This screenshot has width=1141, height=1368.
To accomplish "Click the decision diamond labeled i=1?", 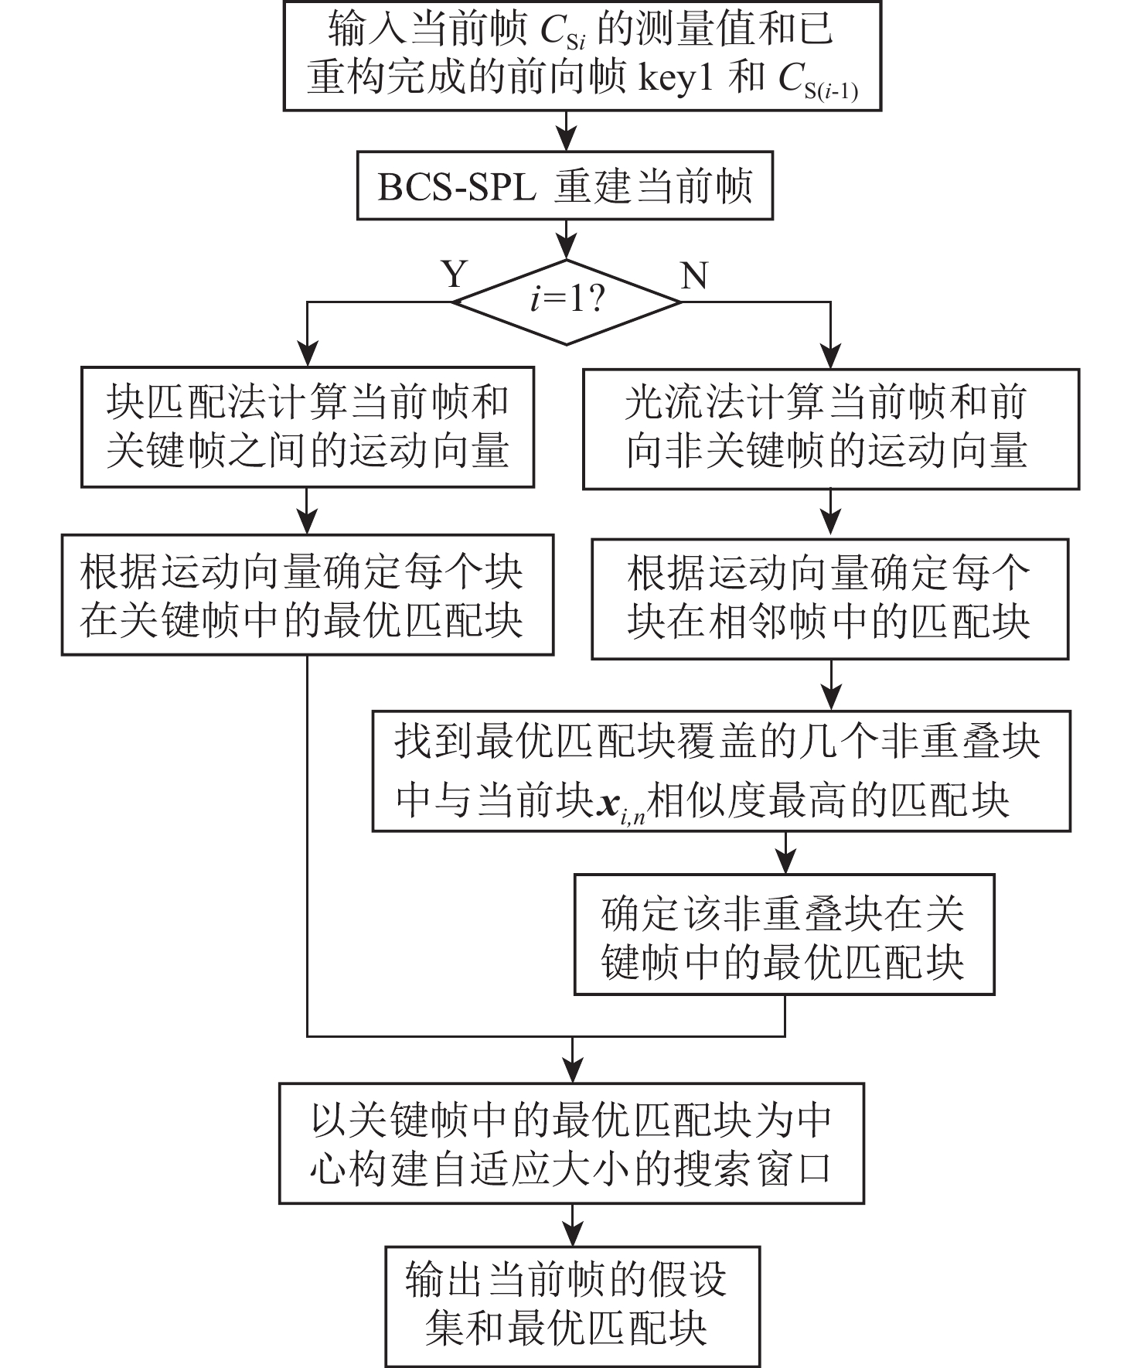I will (x=567, y=302).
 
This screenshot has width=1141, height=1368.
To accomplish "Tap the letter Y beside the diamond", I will (x=455, y=275).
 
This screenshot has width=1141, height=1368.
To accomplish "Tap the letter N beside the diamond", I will (x=693, y=275).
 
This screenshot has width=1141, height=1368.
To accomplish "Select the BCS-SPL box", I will (x=564, y=186).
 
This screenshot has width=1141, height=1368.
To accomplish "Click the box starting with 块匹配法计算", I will (x=308, y=428).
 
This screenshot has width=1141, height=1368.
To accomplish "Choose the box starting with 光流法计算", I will (x=830, y=428).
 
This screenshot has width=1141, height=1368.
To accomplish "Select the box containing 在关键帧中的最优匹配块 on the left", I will (x=308, y=595).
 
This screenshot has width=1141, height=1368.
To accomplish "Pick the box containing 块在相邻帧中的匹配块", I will (x=829, y=599).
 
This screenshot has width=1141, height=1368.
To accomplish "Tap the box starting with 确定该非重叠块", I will (x=784, y=934).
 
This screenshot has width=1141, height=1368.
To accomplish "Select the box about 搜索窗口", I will (x=571, y=1143).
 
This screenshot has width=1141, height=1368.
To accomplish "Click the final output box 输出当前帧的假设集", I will (x=572, y=1306).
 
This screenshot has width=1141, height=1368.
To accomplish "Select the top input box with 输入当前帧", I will (x=582, y=56).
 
